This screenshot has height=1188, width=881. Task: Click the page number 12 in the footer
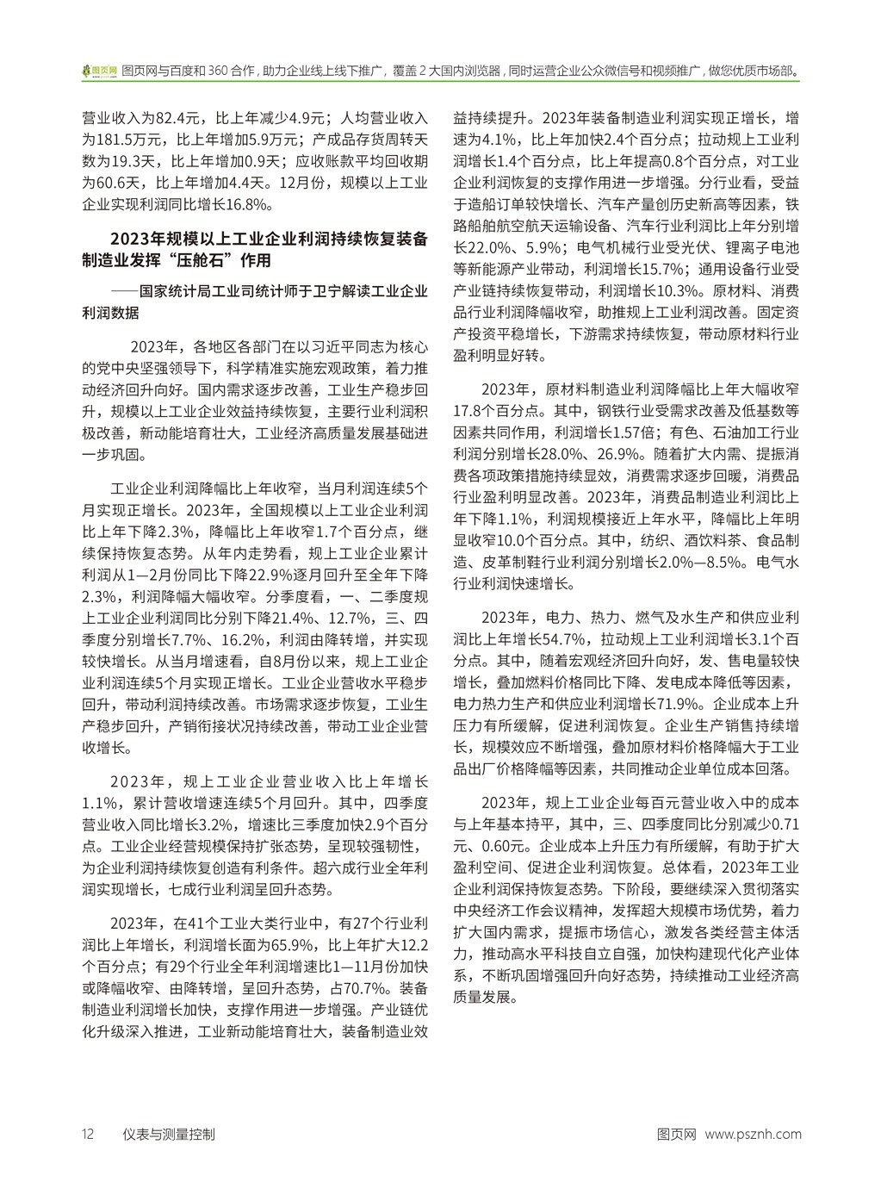[87, 1134]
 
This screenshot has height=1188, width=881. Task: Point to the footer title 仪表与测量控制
[170, 1134]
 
